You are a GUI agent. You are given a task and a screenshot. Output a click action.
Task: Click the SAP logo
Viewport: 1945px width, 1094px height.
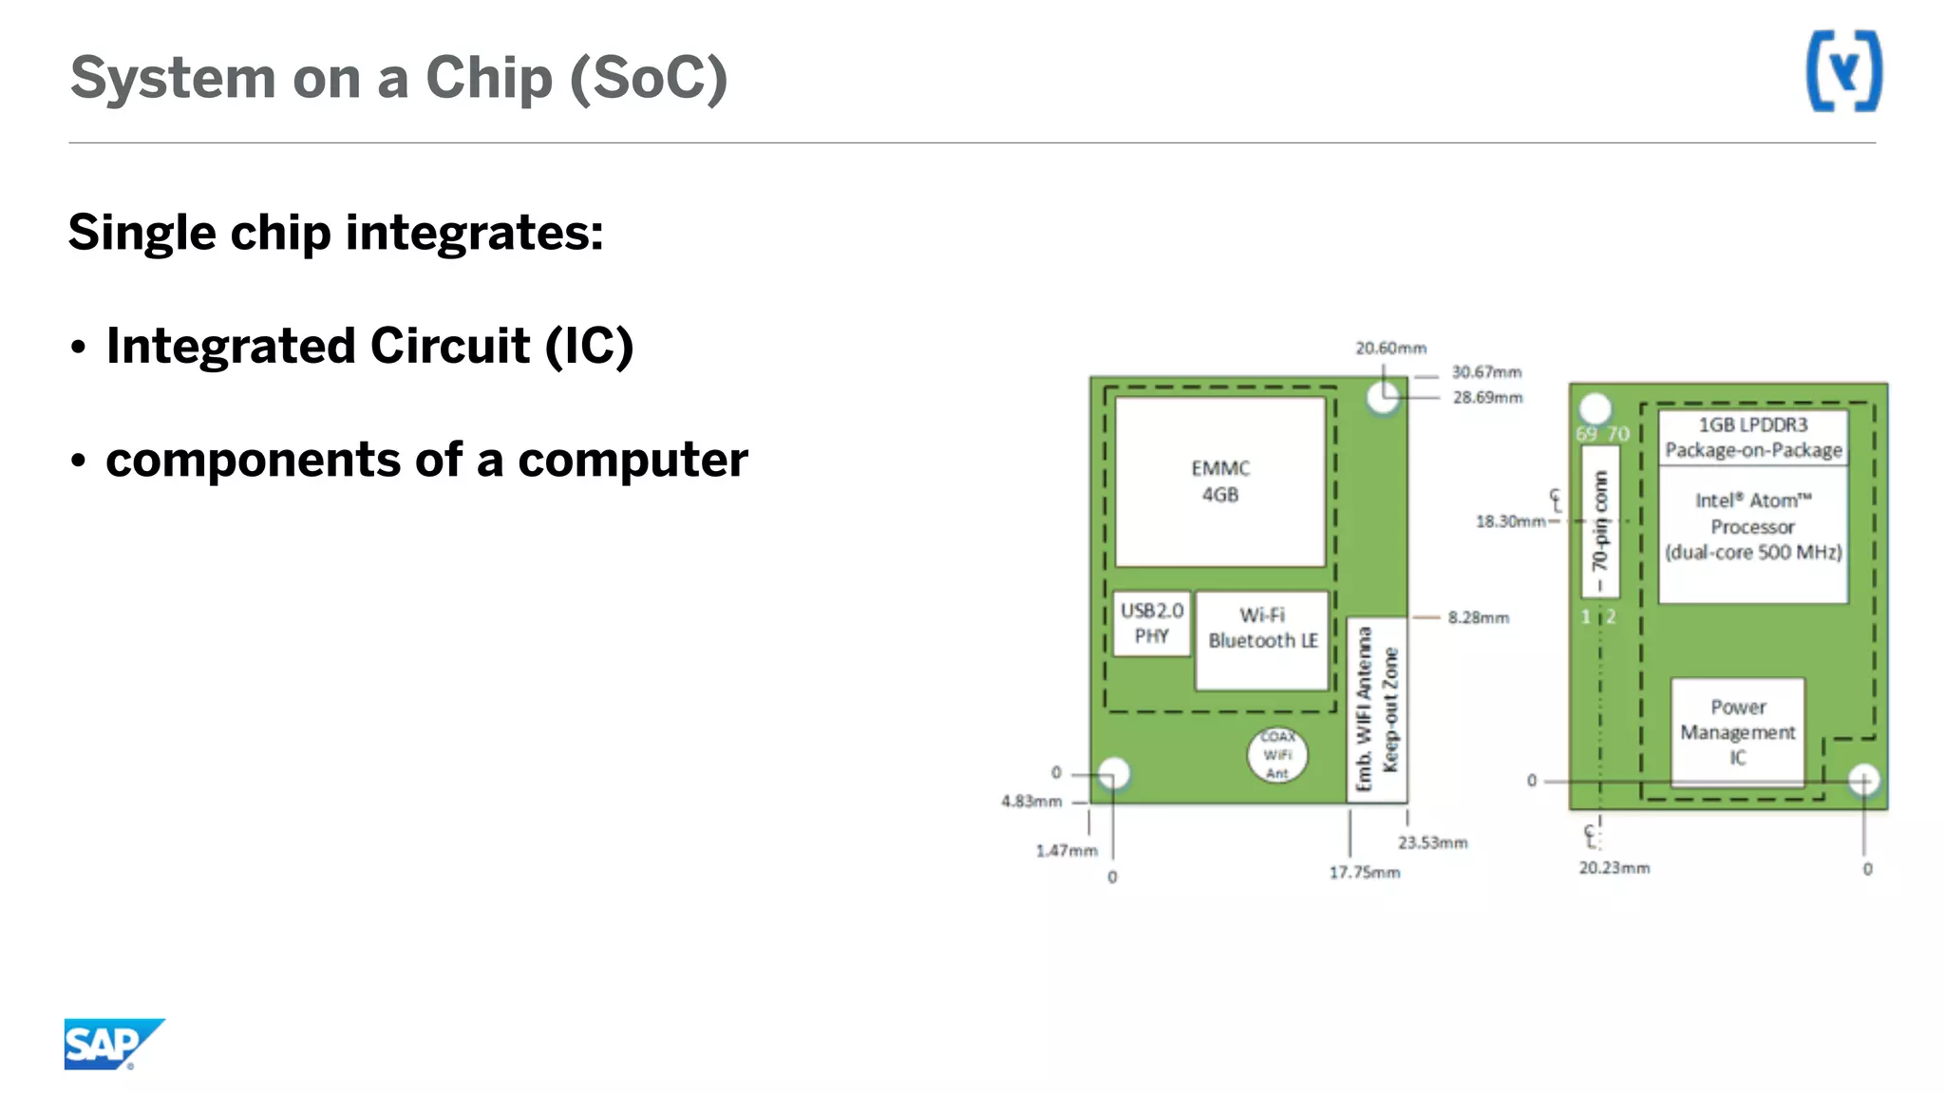point(112,1044)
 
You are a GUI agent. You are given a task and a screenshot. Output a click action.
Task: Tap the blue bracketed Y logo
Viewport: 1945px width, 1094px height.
point(1842,71)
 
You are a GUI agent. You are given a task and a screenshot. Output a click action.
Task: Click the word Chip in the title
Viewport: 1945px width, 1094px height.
point(488,78)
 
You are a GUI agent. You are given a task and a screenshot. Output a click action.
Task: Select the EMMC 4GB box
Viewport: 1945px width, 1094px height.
point(1219,481)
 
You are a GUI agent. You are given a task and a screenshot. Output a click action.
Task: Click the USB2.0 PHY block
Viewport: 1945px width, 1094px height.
point(1151,623)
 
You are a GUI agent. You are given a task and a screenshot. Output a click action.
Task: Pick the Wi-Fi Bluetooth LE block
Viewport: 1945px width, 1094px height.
point(1262,640)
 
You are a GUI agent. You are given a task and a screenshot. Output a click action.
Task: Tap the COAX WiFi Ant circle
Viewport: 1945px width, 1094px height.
point(1277,755)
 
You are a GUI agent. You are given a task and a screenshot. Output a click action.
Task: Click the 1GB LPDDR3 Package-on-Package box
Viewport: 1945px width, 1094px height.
point(1753,437)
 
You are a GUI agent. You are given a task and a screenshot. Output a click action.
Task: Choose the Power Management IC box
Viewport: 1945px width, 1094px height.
point(1737,732)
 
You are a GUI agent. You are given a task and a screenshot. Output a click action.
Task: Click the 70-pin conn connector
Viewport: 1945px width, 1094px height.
point(1600,520)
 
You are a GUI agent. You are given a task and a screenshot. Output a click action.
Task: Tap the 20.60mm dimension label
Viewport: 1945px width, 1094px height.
point(1390,349)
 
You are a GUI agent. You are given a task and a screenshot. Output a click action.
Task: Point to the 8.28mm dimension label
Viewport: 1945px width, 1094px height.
point(1478,618)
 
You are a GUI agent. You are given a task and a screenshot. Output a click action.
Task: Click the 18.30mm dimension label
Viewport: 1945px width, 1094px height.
point(1509,521)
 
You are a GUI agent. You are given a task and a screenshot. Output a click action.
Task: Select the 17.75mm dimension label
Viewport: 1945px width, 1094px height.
point(1364,873)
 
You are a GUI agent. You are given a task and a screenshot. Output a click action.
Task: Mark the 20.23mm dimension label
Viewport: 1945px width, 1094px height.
point(1614,868)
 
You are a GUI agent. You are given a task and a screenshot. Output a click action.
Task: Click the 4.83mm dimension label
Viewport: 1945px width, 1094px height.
point(1031,802)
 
